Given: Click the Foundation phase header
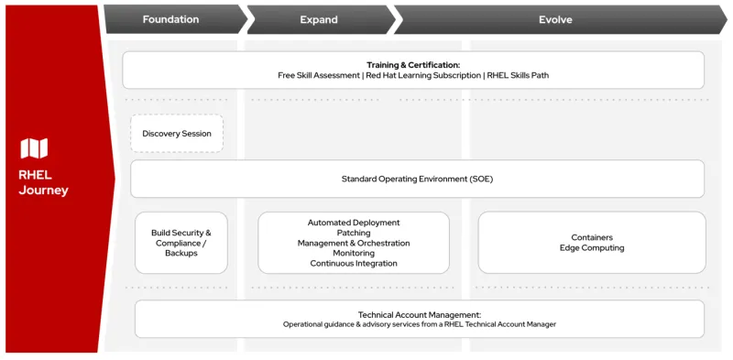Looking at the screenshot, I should click(170, 19).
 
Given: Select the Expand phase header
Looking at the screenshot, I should click(319, 19).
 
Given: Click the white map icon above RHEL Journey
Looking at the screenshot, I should click(34, 148).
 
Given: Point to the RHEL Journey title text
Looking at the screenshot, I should click(43, 182).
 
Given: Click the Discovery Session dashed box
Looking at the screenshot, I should click(177, 134).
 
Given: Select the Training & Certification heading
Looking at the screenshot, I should click(413, 65).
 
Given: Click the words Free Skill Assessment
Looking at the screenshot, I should click(319, 75).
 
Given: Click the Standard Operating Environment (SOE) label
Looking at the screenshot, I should click(417, 180).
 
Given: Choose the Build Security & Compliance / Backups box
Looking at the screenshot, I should click(181, 243).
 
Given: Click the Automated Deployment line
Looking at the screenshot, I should click(354, 223).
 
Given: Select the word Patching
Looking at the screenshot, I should click(354, 233).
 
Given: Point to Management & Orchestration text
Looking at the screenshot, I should click(354, 243).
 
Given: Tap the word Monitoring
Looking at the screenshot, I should click(354, 253).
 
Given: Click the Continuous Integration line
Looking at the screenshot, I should click(354, 263).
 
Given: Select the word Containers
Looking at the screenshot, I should click(592, 237).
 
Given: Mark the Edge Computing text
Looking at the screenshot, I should click(592, 248).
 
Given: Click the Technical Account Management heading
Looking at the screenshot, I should click(419, 314).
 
